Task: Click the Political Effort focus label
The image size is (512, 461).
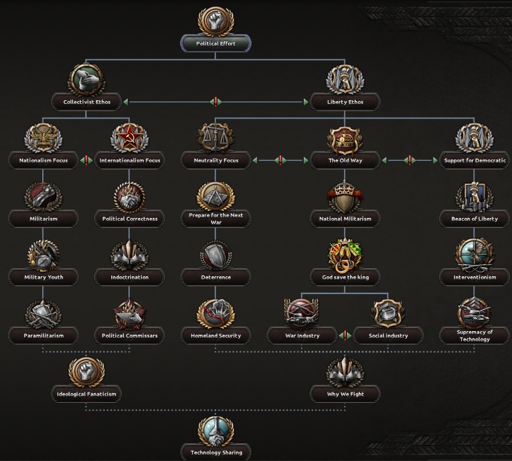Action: (x=216, y=43)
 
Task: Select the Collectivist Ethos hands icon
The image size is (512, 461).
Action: (x=87, y=80)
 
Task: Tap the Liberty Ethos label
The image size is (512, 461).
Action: (x=345, y=102)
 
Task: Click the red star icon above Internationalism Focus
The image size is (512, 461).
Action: (x=130, y=138)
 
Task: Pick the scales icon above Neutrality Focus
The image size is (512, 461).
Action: (x=215, y=138)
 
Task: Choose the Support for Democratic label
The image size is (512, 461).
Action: (x=475, y=161)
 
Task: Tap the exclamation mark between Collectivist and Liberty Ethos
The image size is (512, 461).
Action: (x=216, y=102)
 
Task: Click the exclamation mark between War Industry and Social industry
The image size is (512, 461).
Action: (x=345, y=335)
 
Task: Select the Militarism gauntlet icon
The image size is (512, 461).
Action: (x=43, y=197)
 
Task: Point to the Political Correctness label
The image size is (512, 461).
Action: (x=130, y=219)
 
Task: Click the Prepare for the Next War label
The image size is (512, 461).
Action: (x=216, y=219)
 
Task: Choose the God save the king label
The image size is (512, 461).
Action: (x=345, y=277)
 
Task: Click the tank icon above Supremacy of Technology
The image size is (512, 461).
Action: (x=474, y=313)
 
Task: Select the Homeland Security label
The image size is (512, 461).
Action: (x=216, y=336)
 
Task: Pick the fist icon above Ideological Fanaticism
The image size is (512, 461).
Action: (x=87, y=372)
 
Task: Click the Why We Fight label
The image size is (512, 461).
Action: (x=345, y=394)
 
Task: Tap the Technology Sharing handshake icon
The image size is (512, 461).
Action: (x=215, y=431)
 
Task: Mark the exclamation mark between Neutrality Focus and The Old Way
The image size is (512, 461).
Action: (x=280, y=160)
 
